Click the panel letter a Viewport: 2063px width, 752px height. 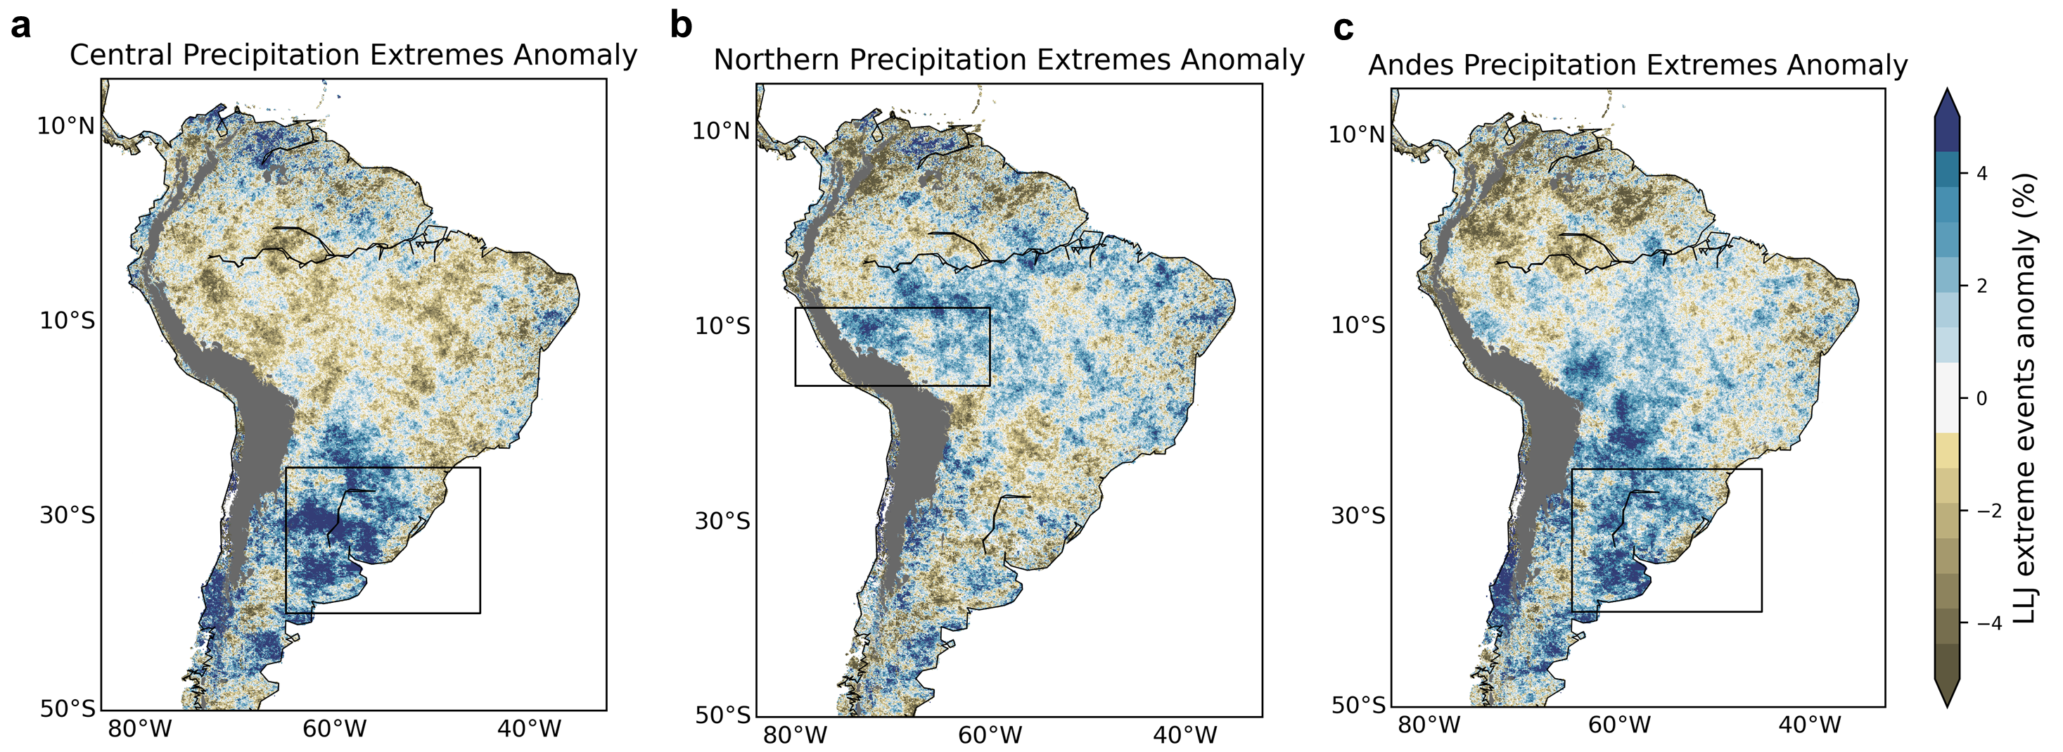point(21,27)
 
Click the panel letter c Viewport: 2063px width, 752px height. point(1343,29)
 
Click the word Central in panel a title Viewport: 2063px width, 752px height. point(121,56)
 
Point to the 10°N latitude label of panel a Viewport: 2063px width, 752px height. point(65,127)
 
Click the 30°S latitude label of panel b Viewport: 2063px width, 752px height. point(722,521)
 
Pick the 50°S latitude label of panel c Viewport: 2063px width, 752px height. point(1358,706)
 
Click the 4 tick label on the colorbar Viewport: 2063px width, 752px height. point(1982,173)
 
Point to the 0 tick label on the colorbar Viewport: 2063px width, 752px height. point(1982,398)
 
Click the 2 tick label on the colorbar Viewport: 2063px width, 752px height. point(1982,286)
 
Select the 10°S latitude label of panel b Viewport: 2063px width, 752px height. point(722,326)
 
